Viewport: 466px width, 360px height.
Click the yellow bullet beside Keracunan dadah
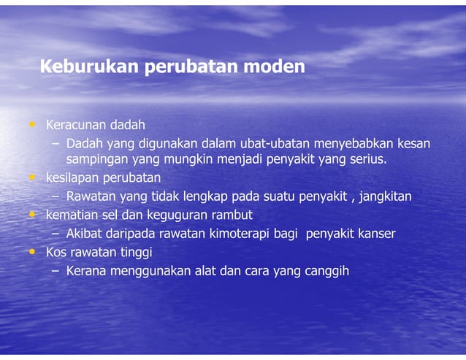[x=31, y=125]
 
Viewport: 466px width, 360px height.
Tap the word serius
[x=367, y=159]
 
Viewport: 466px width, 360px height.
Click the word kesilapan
[x=72, y=178]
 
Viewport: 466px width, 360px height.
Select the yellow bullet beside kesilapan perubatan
[x=31, y=177]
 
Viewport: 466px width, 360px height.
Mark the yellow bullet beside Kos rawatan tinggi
[x=31, y=252]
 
